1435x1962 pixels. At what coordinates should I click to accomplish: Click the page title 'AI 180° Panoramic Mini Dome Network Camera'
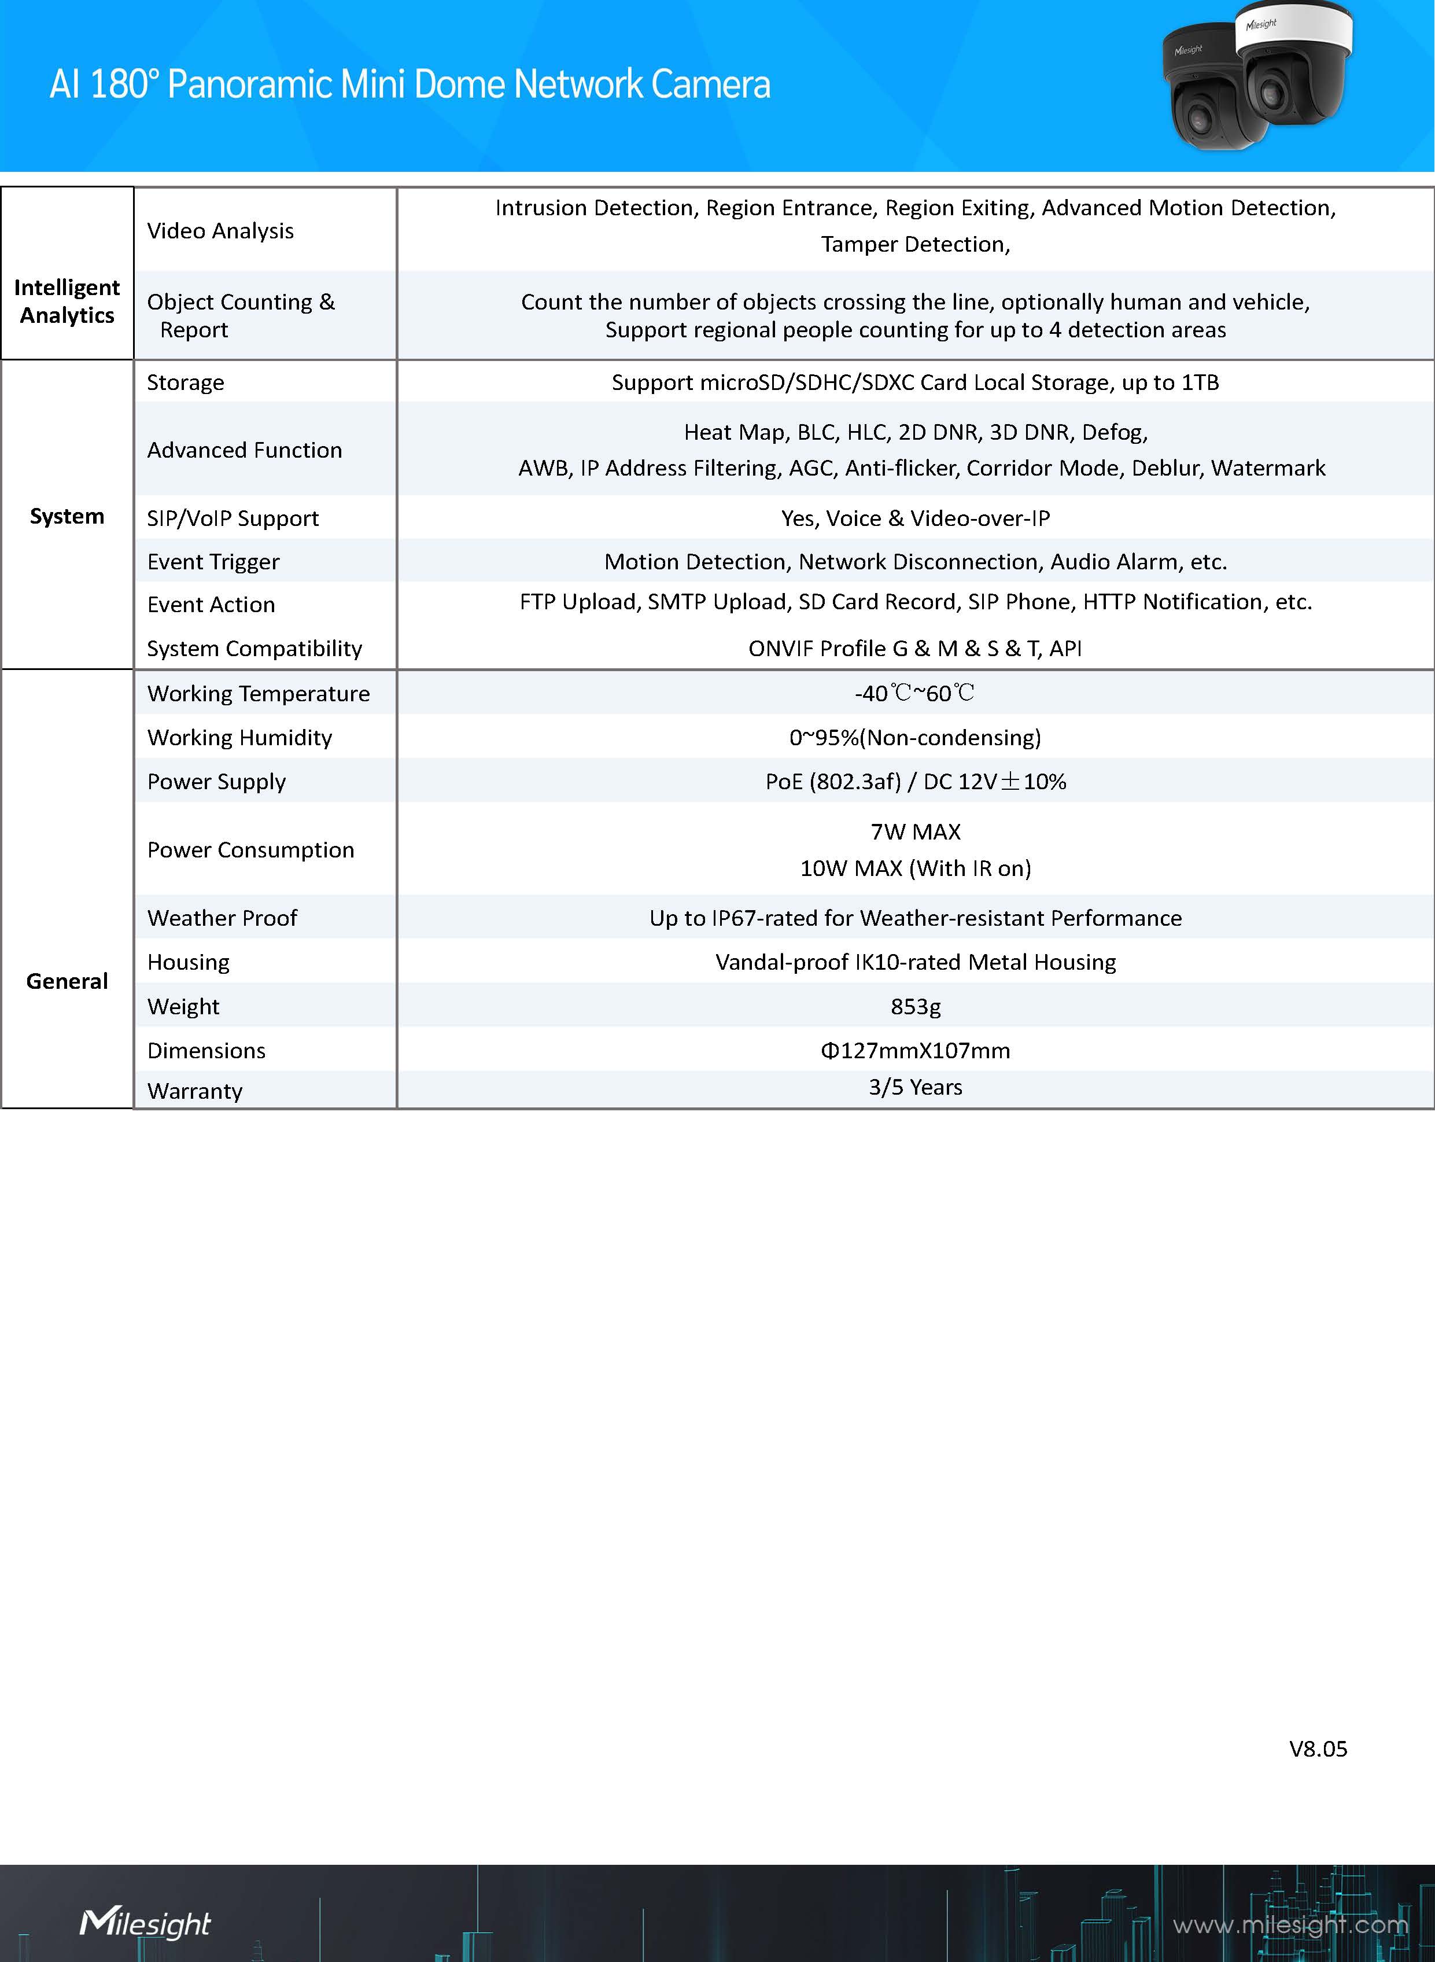(409, 85)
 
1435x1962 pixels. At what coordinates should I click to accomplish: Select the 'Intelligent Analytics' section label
(67, 301)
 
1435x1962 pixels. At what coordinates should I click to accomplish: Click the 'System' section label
(67, 516)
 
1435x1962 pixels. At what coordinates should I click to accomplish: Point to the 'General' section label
(67, 981)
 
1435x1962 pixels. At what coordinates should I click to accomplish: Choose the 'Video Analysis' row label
(220, 230)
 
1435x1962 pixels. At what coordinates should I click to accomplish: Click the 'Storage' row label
(185, 382)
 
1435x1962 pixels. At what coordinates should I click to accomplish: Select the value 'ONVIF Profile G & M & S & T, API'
(914, 648)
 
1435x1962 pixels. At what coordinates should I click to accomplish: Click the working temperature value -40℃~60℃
(914, 693)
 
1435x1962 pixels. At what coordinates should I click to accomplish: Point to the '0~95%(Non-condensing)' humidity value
(914, 738)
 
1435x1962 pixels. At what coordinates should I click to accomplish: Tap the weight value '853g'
(914, 1006)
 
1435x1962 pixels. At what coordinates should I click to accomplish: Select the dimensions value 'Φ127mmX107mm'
(914, 1051)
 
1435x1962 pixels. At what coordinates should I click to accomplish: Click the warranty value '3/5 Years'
(914, 1087)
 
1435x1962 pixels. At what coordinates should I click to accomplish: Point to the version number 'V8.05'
(1317, 1749)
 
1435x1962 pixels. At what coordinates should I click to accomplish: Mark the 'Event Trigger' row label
(213, 562)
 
